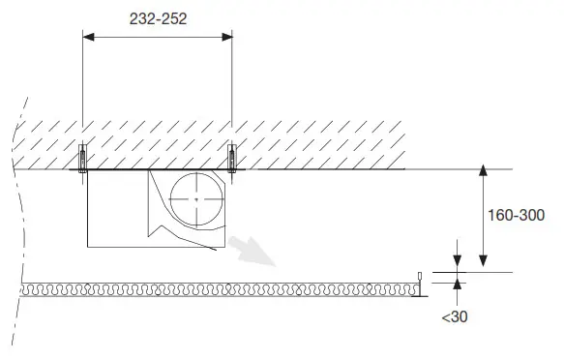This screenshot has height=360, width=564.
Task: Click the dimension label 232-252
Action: (157, 18)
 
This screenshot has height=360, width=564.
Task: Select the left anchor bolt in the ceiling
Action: (82, 157)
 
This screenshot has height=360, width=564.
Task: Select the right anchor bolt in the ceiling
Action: (231, 157)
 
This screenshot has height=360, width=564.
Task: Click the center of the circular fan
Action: (195, 199)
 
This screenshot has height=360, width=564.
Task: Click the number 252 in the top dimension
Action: (174, 18)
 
